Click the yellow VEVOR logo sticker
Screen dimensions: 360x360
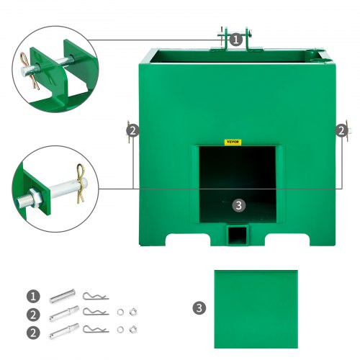233,142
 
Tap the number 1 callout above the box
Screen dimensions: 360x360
237,40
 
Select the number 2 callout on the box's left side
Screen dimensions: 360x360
132,130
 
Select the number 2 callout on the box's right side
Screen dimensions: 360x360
341,130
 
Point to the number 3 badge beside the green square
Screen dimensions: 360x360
199,307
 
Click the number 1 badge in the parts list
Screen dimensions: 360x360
32,296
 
